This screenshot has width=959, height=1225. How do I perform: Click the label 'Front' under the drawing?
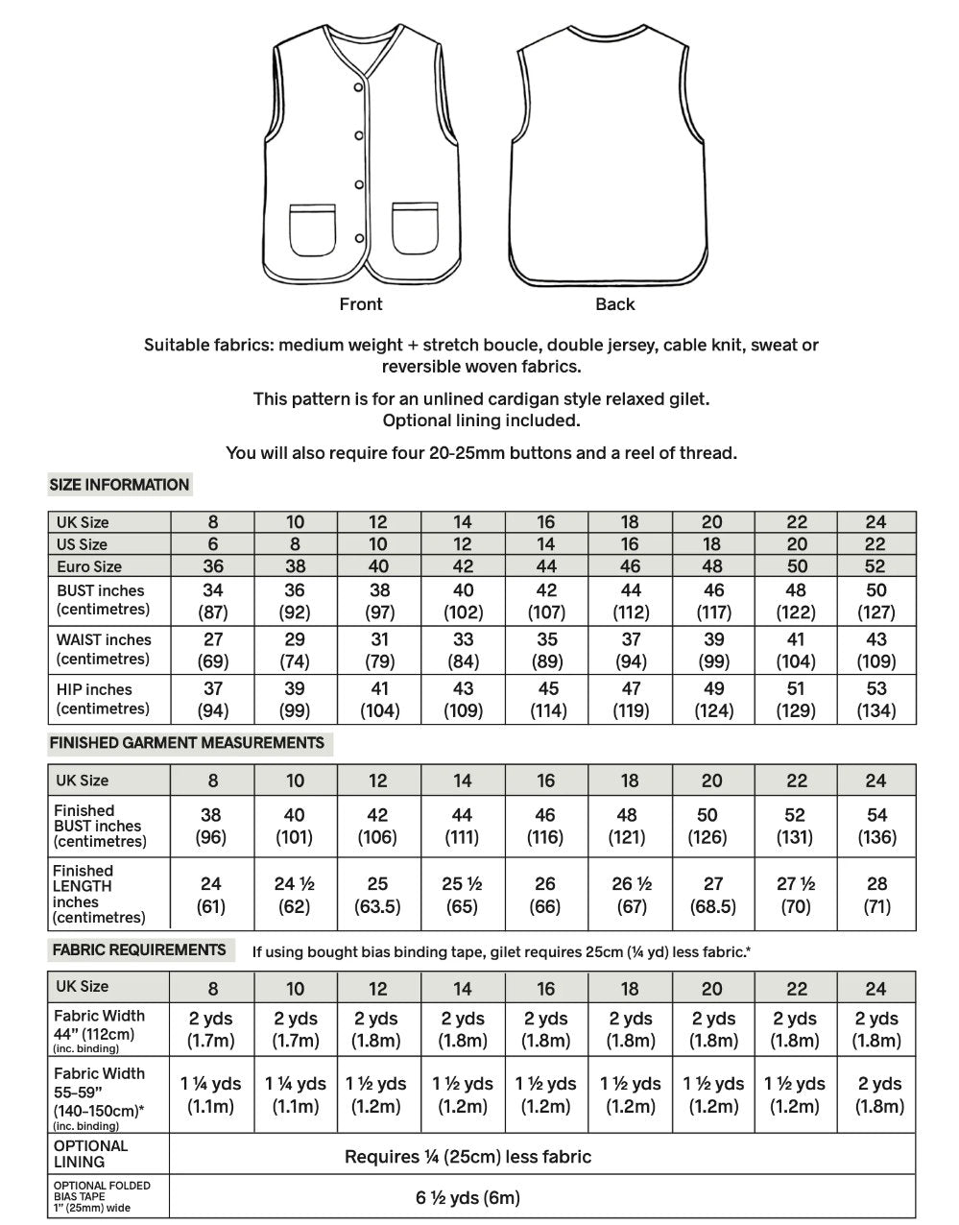(x=361, y=304)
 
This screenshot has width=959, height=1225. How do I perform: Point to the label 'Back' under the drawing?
(x=615, y=304)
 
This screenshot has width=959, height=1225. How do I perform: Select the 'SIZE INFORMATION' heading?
(x=119, y=485)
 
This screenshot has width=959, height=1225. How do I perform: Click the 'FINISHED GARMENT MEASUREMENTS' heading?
(x=187, y=743)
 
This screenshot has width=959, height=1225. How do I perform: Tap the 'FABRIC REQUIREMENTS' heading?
(x=139, y=950)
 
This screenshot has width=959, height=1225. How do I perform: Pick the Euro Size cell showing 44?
(x=545, y=566)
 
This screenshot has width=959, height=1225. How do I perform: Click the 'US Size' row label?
(x=83, y=544)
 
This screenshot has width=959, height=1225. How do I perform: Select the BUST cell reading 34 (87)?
(x=212, y=601)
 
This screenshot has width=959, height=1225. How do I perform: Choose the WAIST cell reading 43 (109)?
(x=875, y=650)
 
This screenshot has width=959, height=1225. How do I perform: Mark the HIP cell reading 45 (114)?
(x=545, y=700)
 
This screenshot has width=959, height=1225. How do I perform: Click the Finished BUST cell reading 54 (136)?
(x=875, y=826)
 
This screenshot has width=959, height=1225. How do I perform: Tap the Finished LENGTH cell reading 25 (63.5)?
(x=378, y=895)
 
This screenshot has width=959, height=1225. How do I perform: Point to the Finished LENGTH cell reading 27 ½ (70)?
(x=796, y=895)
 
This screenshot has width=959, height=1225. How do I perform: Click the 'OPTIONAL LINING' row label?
(x=90, y=1154)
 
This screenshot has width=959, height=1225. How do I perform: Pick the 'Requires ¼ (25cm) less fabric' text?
(x=468, y=1157)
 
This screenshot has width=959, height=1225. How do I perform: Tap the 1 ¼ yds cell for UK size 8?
(x=212, y=1094)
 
